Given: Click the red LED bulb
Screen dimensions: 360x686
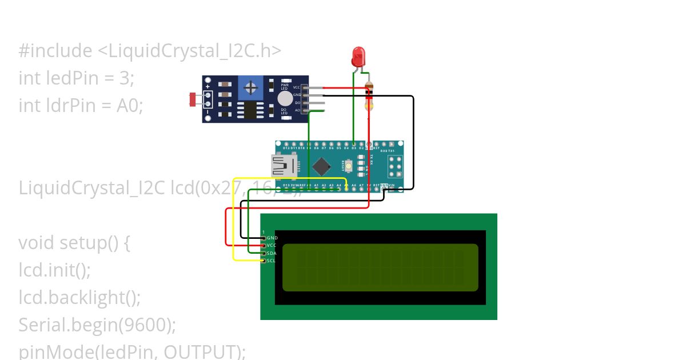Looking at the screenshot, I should point(358,56).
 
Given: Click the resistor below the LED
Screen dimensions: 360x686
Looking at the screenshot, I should point(369,96).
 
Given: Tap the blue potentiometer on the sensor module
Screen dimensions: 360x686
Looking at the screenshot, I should point(250,87).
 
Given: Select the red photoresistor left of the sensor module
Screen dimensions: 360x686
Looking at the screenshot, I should point(193,99).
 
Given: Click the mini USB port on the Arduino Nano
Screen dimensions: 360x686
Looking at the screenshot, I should point(283,166).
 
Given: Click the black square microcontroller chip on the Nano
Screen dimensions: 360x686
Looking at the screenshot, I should point(322,166).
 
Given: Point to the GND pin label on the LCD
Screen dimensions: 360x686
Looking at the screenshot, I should point(272,238).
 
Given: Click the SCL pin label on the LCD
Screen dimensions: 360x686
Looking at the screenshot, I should point(272,261).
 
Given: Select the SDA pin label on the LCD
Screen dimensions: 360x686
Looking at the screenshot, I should point(272,253).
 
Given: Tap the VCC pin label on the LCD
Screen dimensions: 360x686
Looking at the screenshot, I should point(272,245).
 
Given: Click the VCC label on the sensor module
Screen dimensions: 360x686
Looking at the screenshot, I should point(296,87).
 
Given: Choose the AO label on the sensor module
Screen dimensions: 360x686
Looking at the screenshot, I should point(297,110).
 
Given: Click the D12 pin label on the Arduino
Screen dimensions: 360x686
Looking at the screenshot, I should point(286,148).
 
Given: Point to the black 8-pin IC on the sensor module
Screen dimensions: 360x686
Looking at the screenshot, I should point(248,109).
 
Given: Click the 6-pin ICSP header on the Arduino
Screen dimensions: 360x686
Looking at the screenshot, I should point(396,166).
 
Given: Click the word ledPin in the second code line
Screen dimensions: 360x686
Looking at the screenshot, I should point(76,78).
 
